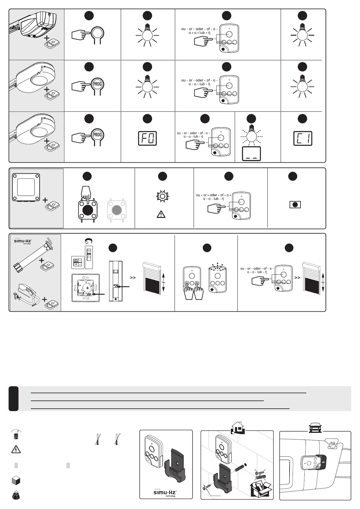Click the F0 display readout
click(147, 138)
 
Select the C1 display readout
click(303, 138)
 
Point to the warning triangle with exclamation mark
click(161, 215)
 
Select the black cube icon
click(16, 481)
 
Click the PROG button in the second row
click(97, 84)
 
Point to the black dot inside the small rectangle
click(295, 205)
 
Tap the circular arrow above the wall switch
click(89, 241)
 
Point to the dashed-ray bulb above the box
click(251, 135)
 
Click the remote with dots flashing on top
click(218, 279)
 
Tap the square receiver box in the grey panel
click(26, 187)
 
